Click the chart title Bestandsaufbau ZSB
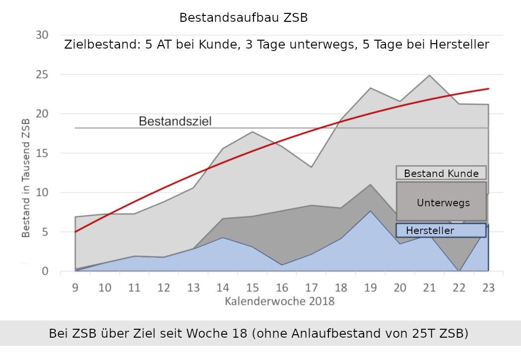[244, 18]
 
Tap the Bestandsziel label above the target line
[175, 121]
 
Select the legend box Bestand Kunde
[441, 173]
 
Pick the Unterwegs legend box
[441, 202]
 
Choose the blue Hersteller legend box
[441, 231]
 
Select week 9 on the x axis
[75, 288]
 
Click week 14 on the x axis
[223, 288]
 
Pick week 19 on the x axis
[370, 288]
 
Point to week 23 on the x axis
[488, 288]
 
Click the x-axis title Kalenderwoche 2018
[279, 301]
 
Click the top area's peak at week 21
[429, 75]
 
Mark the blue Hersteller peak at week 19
[370, 211]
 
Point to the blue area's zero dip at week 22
[459, 270]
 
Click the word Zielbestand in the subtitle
[102, 45]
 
